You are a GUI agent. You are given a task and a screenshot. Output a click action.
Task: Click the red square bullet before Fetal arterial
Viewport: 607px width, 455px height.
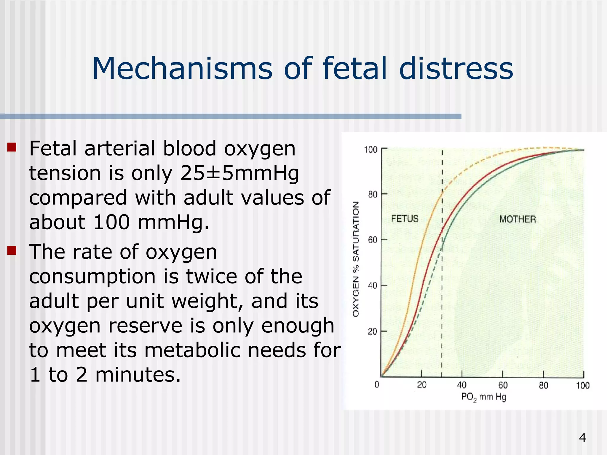point(12,147)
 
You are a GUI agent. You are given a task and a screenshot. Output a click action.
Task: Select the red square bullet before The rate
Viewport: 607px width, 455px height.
point(12,251)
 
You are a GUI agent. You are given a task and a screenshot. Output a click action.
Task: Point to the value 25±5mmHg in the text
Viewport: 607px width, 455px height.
point(239,173)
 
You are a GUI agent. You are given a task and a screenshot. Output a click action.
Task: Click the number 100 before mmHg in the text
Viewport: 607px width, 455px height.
point(111,222)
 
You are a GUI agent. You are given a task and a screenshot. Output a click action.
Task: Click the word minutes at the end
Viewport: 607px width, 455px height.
point(138,375)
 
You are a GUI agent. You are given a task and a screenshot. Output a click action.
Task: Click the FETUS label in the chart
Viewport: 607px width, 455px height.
point(405,219)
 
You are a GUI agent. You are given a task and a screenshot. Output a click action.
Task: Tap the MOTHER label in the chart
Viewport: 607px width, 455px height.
point(517,219)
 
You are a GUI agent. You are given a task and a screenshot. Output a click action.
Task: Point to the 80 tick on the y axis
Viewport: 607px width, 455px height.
point(373,195)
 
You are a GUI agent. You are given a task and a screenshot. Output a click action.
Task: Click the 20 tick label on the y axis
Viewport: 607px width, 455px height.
point(373,331)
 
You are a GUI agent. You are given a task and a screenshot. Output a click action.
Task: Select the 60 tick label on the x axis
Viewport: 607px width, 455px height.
point(503,385)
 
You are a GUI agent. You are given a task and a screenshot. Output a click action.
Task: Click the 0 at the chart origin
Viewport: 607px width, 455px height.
point(377,385)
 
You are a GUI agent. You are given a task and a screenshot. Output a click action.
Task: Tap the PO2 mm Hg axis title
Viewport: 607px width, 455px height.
point(483,397)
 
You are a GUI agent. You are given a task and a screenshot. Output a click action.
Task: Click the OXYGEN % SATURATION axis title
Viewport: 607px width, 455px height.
point(356,259)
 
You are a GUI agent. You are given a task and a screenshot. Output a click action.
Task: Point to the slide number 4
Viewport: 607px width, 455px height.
point(582,438)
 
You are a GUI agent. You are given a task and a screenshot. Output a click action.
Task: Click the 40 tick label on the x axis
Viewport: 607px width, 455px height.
point(462,385)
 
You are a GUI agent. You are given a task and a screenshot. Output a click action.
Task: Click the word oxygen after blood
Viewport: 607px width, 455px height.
point(260,148)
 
